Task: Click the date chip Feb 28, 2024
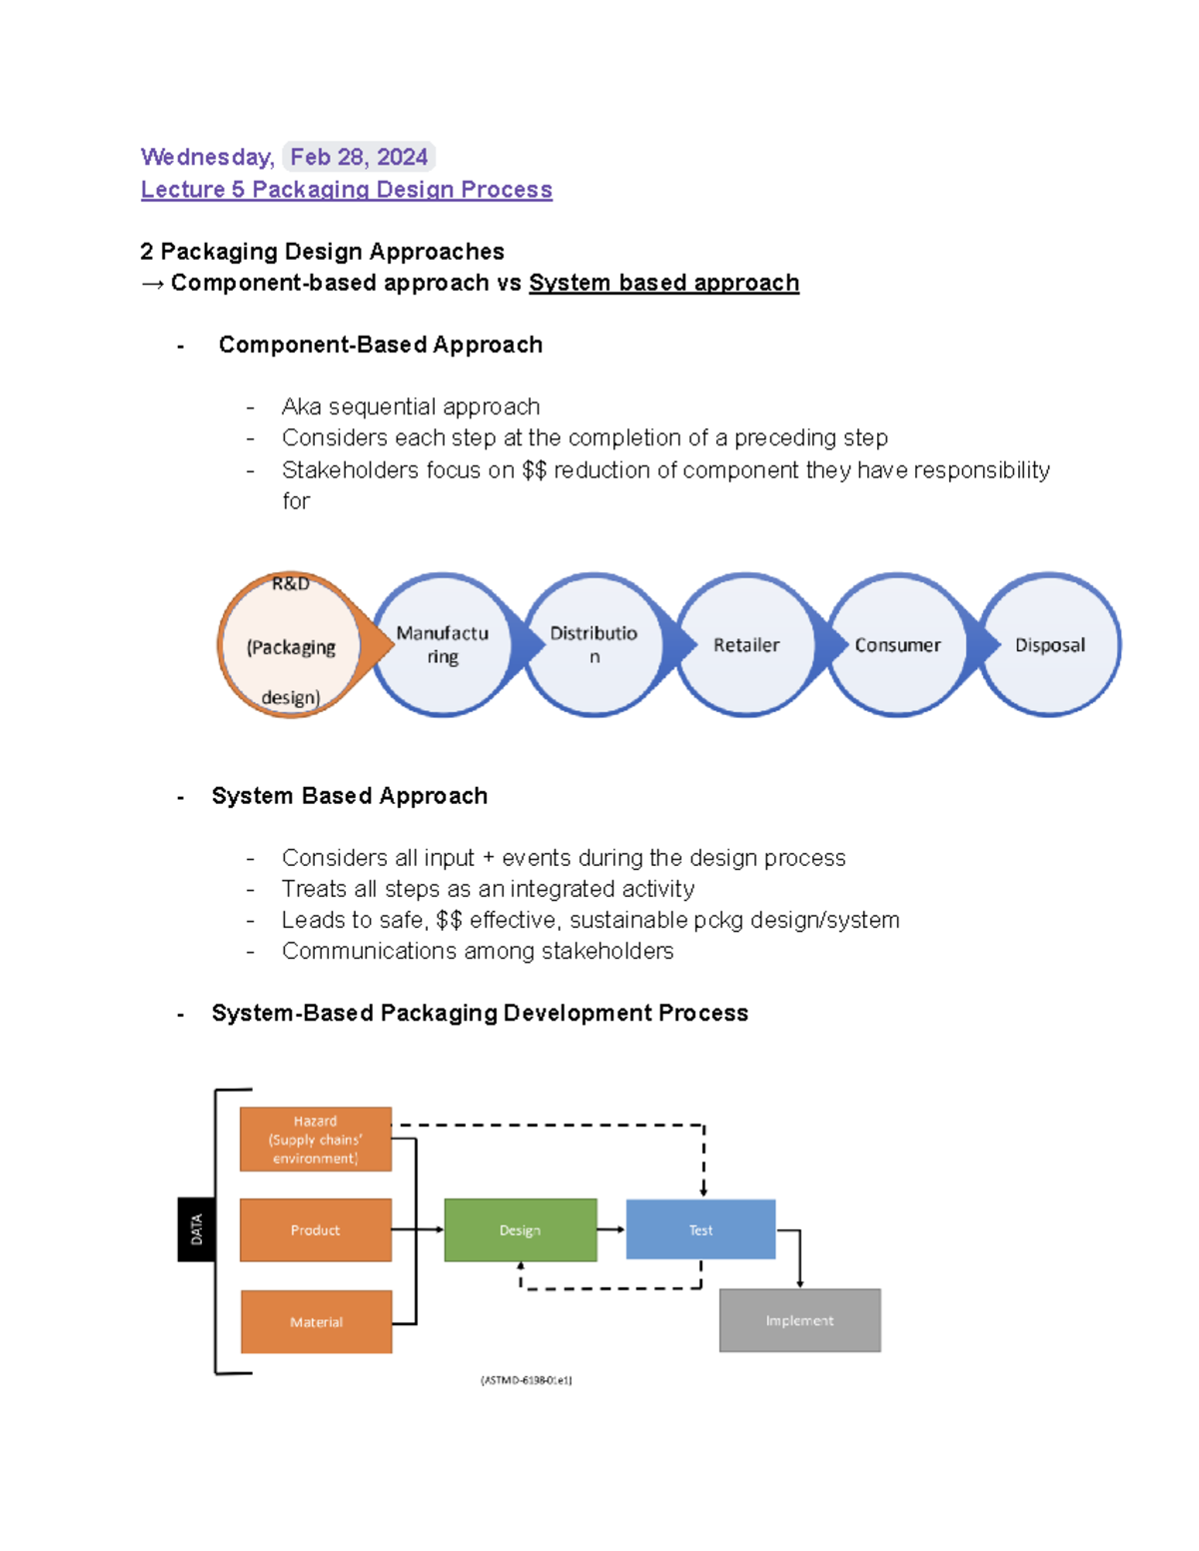click(359, 157)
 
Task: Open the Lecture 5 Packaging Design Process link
click(346, 190)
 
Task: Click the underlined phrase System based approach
click(663, 283)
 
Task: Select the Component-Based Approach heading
click(380, 345)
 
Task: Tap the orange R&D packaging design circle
click(290, 645)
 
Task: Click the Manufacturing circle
click(442, 645)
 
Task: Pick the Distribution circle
click(594, 645)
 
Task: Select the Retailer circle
click(746, 645)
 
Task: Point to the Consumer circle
click(897, 645)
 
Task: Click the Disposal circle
click(1050, 645)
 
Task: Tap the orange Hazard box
click(316, 1140)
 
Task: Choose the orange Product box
click(316, 1230)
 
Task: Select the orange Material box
click(316, 1321)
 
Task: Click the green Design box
click(521, 1230)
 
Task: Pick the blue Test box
click(700, 1230)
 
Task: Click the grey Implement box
click(799, 1320)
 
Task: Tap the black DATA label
click(196, 1229)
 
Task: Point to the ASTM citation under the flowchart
click(527, 1380)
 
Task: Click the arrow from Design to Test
click(611, 1229)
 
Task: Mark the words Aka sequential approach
click(411, 406)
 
